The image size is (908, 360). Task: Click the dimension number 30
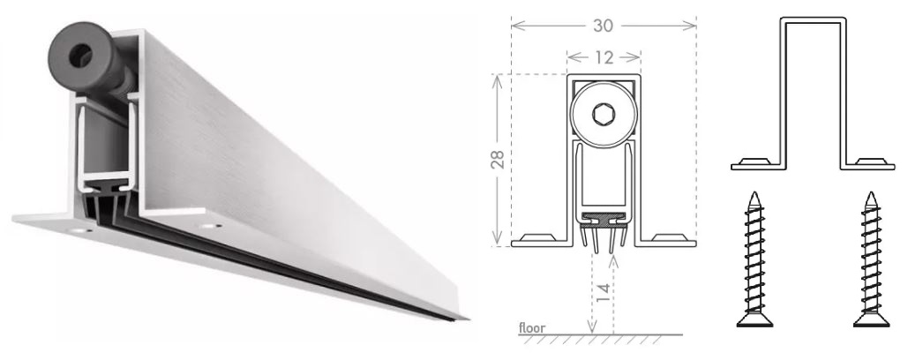pyautogui.click(x=603, y=26)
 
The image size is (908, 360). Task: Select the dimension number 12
pyautogui.click(x=604, y=57)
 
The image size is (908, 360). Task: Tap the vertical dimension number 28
pyautogui.click(x=498, y=159)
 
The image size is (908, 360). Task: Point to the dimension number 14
pyautogui.click(x=603, y=292)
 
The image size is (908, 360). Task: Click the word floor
pyautogui.click(x=531, y=328)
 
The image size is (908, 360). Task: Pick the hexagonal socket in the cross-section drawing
pyautogui.click(x=602, y=114)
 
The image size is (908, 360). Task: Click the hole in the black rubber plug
pyautogui.click(x=80, y=56)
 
